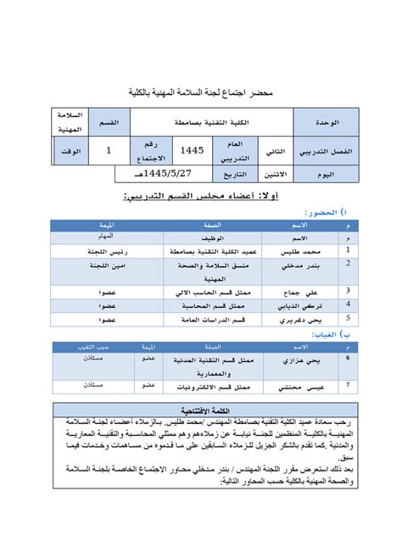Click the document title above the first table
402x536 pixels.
(200, 91)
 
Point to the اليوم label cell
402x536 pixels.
(327, 174)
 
